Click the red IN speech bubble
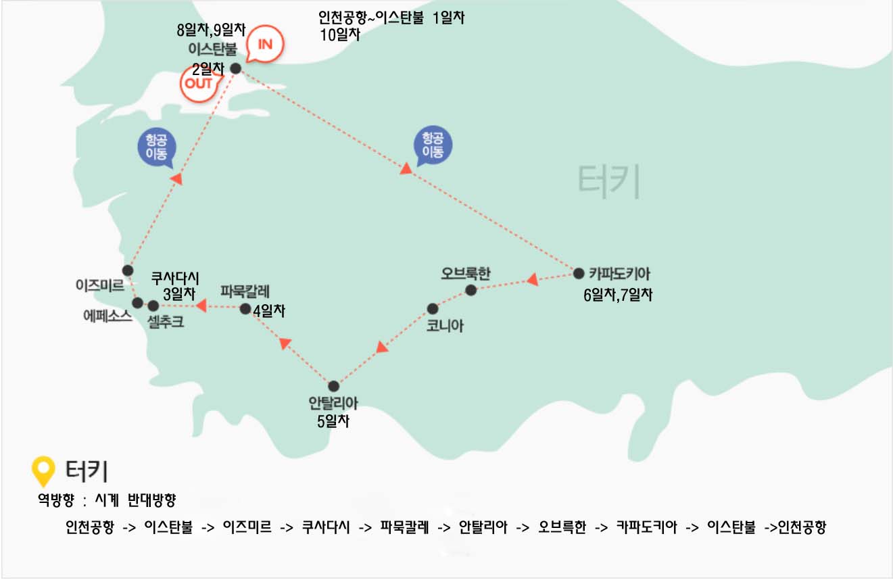(265, 46)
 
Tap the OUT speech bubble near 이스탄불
(200, 84)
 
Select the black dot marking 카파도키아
(579, 274)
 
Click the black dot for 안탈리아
(333, 386)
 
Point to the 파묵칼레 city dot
(245, 309)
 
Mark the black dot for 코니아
(433, 308)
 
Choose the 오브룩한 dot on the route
(471, 290)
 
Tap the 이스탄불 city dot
(235, 68)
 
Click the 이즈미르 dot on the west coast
(128, 270)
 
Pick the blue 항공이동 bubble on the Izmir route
(157, 147)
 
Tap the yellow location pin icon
(44, 470)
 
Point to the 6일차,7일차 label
(618, 295)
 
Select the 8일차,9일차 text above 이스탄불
(211, 29)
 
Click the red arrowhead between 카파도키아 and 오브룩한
(532, 279)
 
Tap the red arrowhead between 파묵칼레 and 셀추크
(201, 306)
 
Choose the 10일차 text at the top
(339, 34)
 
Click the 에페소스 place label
(107, 316)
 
